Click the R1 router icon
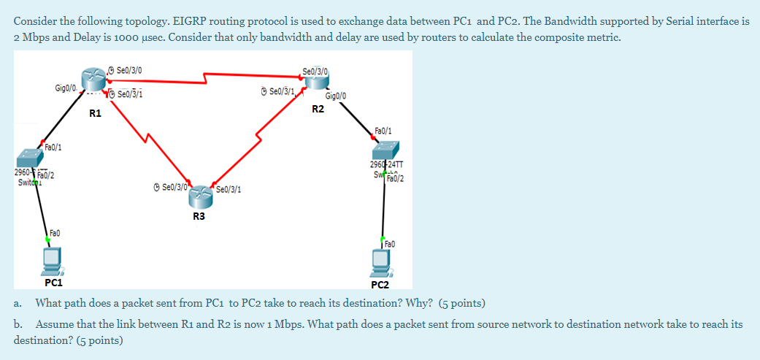93,77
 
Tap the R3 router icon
199,191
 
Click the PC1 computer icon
53,259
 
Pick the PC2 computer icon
380,261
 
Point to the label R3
199,216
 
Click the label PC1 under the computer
53,282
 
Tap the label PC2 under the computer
381,284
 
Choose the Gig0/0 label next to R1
66,89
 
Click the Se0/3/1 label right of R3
229,190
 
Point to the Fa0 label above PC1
54,234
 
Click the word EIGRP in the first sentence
188,22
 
